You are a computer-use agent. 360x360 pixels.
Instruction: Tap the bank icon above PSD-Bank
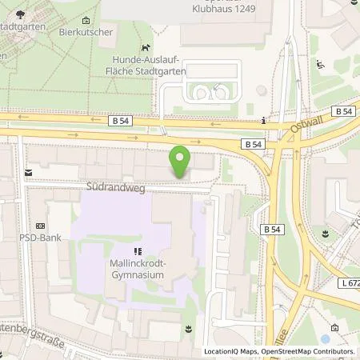pyautogui.click(x=40, y=226)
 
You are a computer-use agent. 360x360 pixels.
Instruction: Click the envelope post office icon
pyautogui.click(x=28, y=172)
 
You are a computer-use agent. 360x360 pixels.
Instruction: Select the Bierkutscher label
pyautogui.click(x=84, y=34)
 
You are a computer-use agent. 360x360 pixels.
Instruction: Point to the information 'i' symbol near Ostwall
pyautogui.click(x=264, y=121)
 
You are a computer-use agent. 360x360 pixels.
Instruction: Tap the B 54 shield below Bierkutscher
pyautogui.click(x=118, y=121)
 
